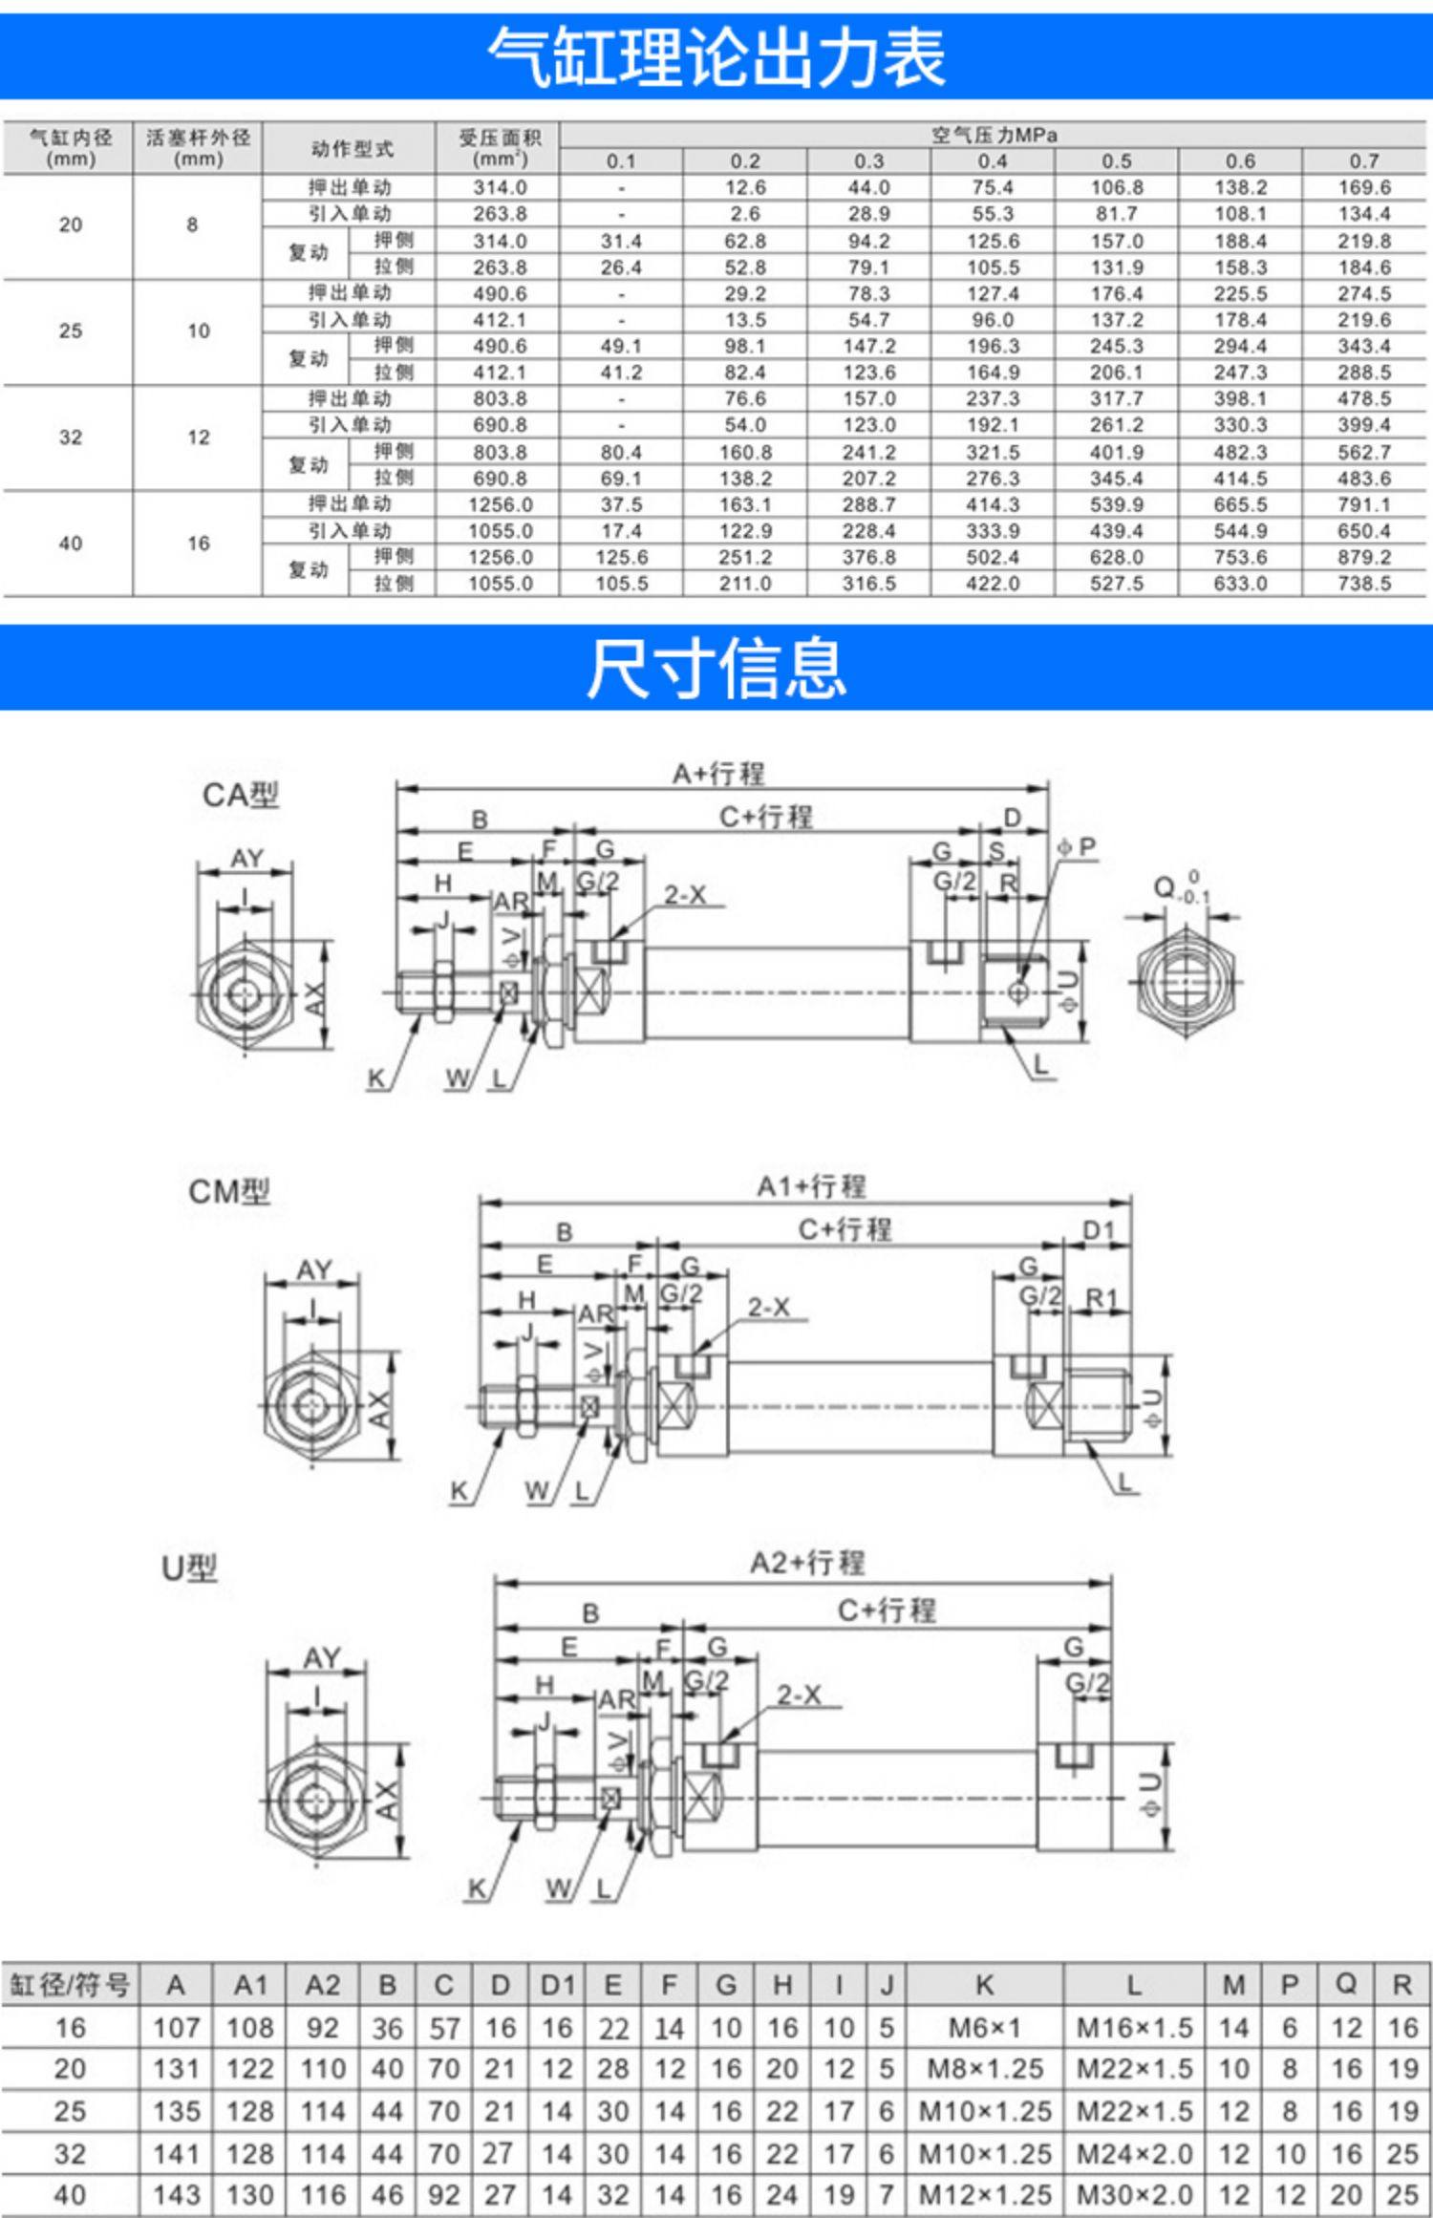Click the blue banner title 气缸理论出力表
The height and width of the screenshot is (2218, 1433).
tap(716, 57)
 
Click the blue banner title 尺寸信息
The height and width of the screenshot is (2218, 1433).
tap(716, 668)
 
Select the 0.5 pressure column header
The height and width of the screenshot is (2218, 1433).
tap(1116, 161)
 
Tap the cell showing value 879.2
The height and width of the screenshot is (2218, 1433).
tap(1363, 557)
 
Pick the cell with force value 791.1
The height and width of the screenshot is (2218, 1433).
tap(1363, 504)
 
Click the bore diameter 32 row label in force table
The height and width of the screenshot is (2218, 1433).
tap(70, 437)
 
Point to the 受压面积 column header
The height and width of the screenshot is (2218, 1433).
tap(500, 148)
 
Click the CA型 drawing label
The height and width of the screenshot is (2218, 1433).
tap(241, 795)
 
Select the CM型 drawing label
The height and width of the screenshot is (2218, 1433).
tap(229, 1192)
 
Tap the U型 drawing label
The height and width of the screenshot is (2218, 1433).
tap(189, 1568)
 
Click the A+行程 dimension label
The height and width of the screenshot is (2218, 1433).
tap(718, 773)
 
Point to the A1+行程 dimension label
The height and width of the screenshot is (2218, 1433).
tap(811, 1186)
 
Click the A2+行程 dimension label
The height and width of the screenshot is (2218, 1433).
tap(807, 1564)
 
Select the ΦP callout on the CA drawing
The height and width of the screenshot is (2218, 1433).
tap(1077, 847)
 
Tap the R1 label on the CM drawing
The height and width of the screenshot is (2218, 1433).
tap(1101, 1298)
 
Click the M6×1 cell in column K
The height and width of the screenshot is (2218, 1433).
tap(985, 2028)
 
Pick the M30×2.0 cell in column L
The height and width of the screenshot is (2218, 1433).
tap(1134, 2195)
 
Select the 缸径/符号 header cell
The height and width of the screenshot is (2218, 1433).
tap(70, 1985)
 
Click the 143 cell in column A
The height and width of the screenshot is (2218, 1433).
tap(176, 2195)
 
